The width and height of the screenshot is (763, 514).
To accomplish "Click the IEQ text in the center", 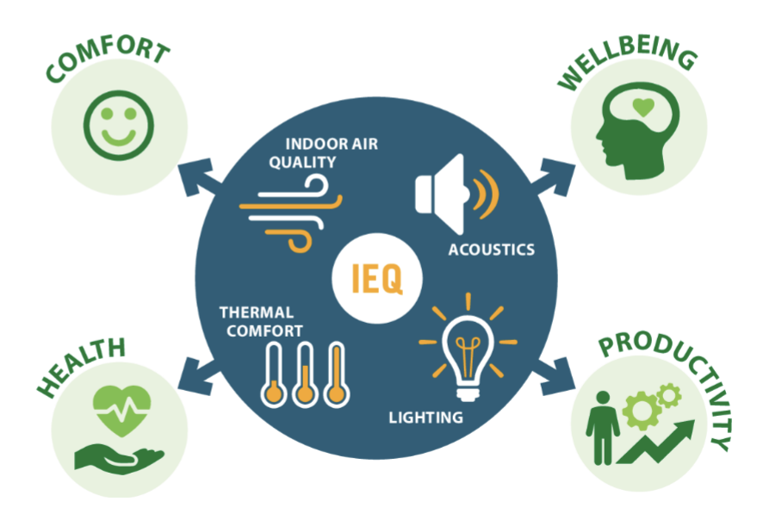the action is click(x=376, y=278).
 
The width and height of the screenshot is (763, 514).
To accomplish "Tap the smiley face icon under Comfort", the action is click(x=119, y=125).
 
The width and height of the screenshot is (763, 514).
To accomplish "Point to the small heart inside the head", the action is click(x=643, y=108).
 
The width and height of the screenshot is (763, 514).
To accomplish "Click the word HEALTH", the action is click(x=81, y=368).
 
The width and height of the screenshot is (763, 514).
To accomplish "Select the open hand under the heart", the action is click(x=119, y=458).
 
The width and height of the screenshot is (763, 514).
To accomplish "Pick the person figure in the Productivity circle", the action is click(x=603, y=427).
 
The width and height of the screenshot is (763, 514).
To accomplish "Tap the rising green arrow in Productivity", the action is click(x=655, y=442).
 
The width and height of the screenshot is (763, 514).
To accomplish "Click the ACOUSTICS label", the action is click(x=492, y=250).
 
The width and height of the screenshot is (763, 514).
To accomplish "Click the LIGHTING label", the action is click(x=425, y=418).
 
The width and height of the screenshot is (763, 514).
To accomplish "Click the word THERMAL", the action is click(x=257, y=313).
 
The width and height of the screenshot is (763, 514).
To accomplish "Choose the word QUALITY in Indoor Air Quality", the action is click(x=302, y=162).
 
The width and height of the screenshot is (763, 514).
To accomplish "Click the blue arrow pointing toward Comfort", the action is click(x=199, y=176).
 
